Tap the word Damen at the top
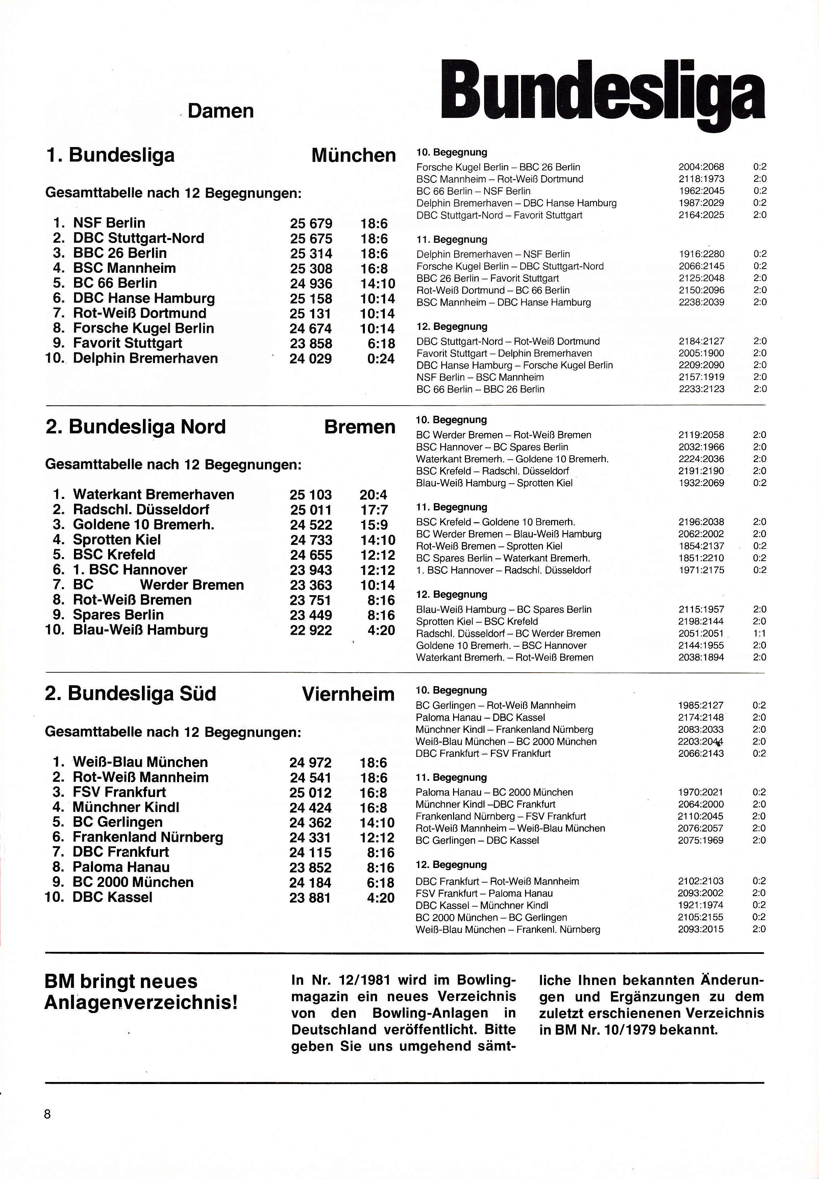click(x=221, y=111)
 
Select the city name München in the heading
click(x=353, y=155)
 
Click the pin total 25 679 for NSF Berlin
click(x=311, y=224)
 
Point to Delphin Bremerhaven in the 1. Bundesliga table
click(x=145, y=358)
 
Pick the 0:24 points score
click(x=381, y=359)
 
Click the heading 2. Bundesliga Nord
click(x=135, y=427)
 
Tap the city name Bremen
click(x=360, y=427)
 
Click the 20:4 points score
click(x=374, y=495)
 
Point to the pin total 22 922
click(x=311, y=630)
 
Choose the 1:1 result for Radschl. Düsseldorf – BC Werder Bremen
click(x=760, y=633)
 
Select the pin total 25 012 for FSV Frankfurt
click(x=311, y=793)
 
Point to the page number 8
click(x=48, y=1114)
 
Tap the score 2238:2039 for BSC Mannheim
click(x=701, y=302)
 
